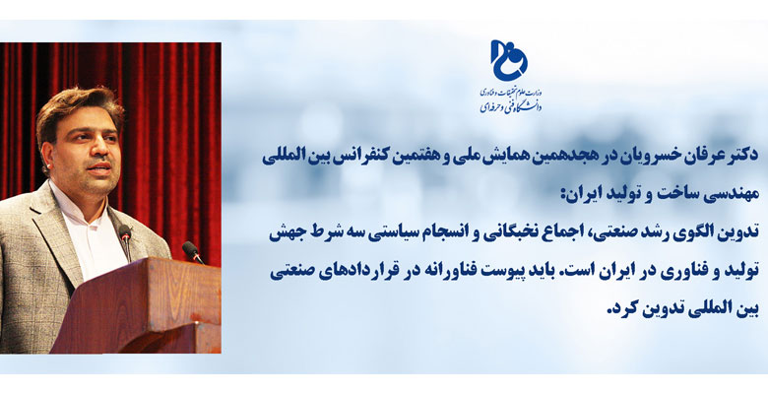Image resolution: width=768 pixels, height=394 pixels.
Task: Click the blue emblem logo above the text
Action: pyautogui.click(x=509, y=60)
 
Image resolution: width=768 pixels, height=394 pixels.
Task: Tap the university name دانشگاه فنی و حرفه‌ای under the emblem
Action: pyautogui.click(x=510, y=105)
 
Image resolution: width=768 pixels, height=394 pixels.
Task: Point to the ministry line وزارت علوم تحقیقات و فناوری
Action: pyautogui.click(x=510, y=92)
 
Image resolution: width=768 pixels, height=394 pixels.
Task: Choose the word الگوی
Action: pyautogui.click(x=694, y=233)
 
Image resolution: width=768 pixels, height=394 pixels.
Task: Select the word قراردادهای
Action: pyautogui.click(x=355, y=272)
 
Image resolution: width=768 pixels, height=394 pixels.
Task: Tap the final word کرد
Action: pyautogui.click(x=618, y=309)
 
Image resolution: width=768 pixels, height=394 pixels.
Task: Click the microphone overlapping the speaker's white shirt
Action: pyautogui.click(x=125, y=241)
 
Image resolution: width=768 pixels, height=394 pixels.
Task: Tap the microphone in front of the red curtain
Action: pyautogui.click(x=192, y=252)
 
